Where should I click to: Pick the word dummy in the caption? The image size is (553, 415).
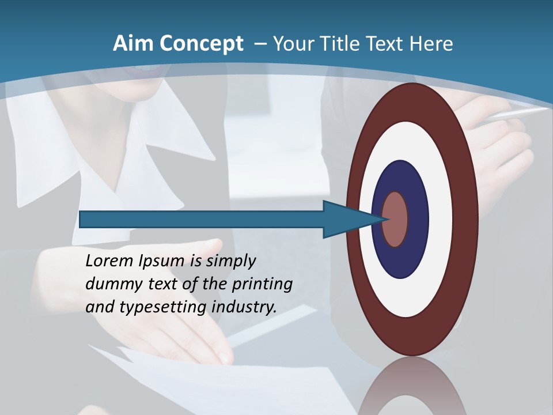(x=111, y=284)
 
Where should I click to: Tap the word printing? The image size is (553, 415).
(x=262, y=285)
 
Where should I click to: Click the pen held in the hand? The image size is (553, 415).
(x=518, y=113)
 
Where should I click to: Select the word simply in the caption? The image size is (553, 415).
(x=230, y=261)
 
